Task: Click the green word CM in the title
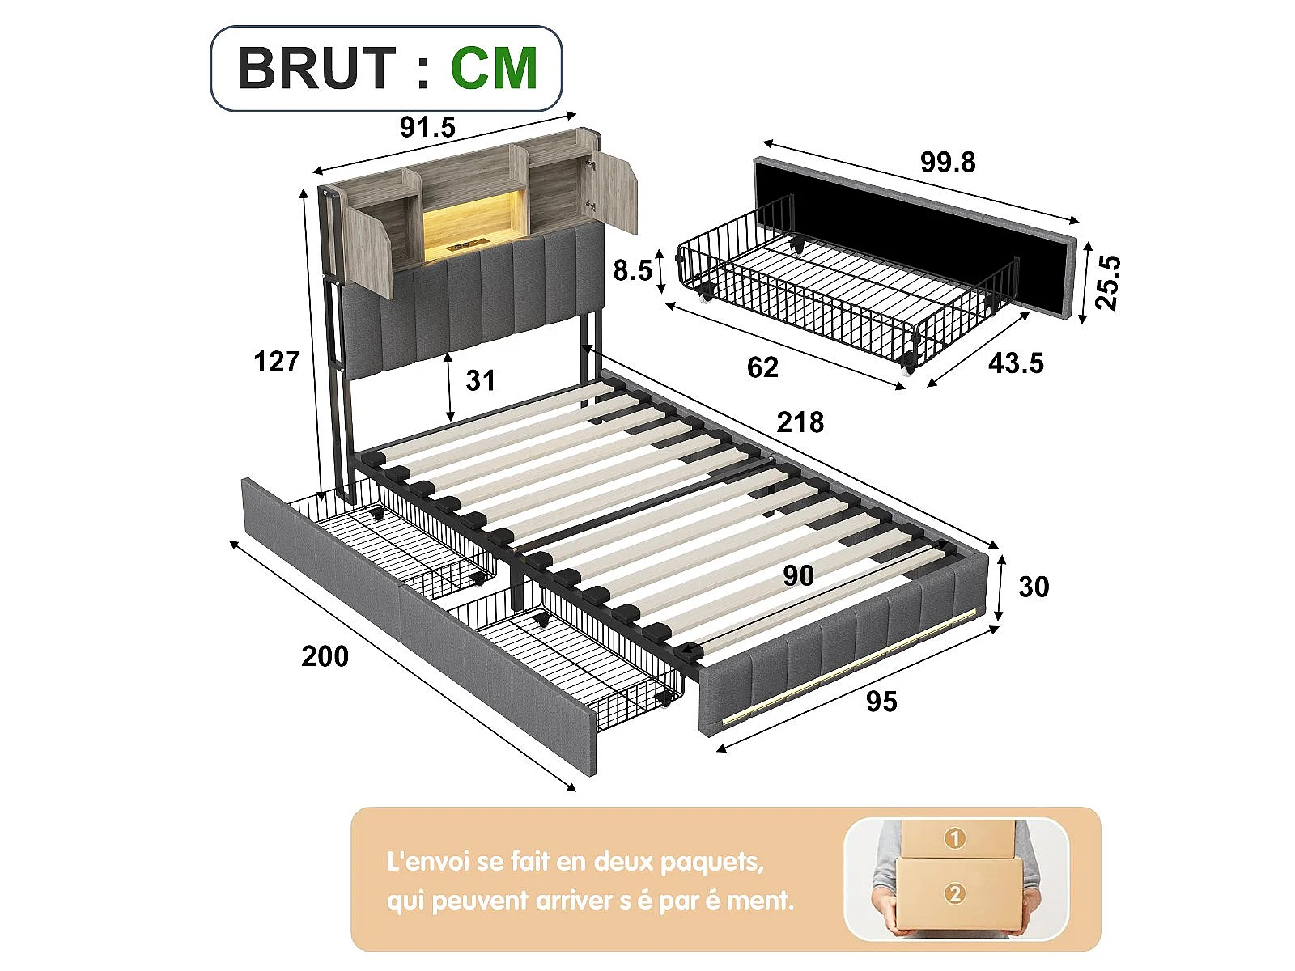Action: tap(494, 68)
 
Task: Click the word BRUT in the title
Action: tap(316, 68)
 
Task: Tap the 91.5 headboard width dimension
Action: tap(427, 127)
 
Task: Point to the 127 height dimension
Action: tap(277, 362)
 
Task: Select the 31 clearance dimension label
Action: tap(480, 380)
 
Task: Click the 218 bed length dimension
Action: tap(800, 422)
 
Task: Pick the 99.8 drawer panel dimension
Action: tap(948, 162)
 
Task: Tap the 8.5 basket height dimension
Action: tap(632, 270)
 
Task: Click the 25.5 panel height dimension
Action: tap(1107, 282)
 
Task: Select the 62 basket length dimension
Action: tap(762, 367)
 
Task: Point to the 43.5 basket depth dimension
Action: tap(1016, 363)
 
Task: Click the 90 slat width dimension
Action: tap(798, 575)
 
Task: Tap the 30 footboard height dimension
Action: tap(1034, 587)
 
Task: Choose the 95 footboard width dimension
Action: tap(881, 702)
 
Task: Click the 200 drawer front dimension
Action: tap(325, 656)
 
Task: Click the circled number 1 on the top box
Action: tap(954, 838)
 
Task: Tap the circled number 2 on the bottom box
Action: tap(955, 894)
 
